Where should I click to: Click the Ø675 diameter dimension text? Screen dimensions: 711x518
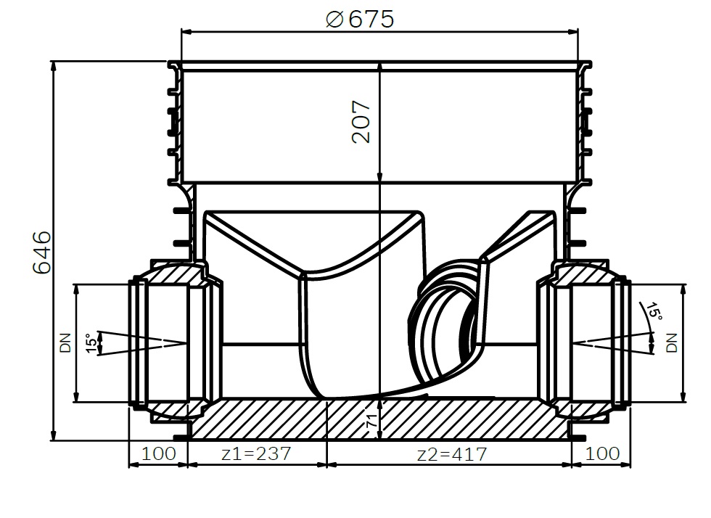pyautogui.click(x=360, y=19)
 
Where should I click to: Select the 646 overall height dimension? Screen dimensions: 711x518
pyautogui.click(x=42, y=252)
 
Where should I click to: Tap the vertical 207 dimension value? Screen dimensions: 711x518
pyautogui.click(x=361, y=122)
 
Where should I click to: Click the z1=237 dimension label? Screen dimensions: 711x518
pyautogui.click(x=255, y=453)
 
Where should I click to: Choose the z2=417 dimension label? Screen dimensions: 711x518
pyautogui.click(x=451, y=453)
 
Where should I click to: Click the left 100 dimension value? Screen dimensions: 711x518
pyautogui.click(x=159, y=453)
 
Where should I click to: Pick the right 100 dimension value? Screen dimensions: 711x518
pyautogui.click(x=603, y=453)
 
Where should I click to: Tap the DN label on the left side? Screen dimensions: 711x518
pyautogui.click(x=66, y=343)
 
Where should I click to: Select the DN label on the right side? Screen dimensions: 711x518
pyautogui.click(x=672, y=343)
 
